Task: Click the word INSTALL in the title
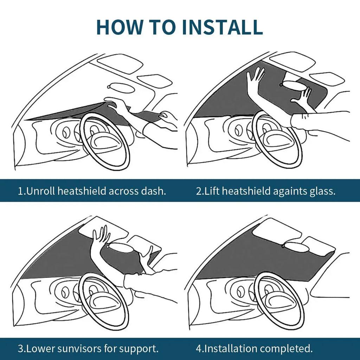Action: (222, 27)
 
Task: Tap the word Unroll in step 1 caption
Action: (41, 191)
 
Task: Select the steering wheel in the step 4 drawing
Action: (279, 301)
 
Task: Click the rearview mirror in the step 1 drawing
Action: (121, 88)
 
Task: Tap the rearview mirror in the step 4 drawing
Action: (297, 247)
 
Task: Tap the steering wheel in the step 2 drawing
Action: (277, 139)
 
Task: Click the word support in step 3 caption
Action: (139, 349)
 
